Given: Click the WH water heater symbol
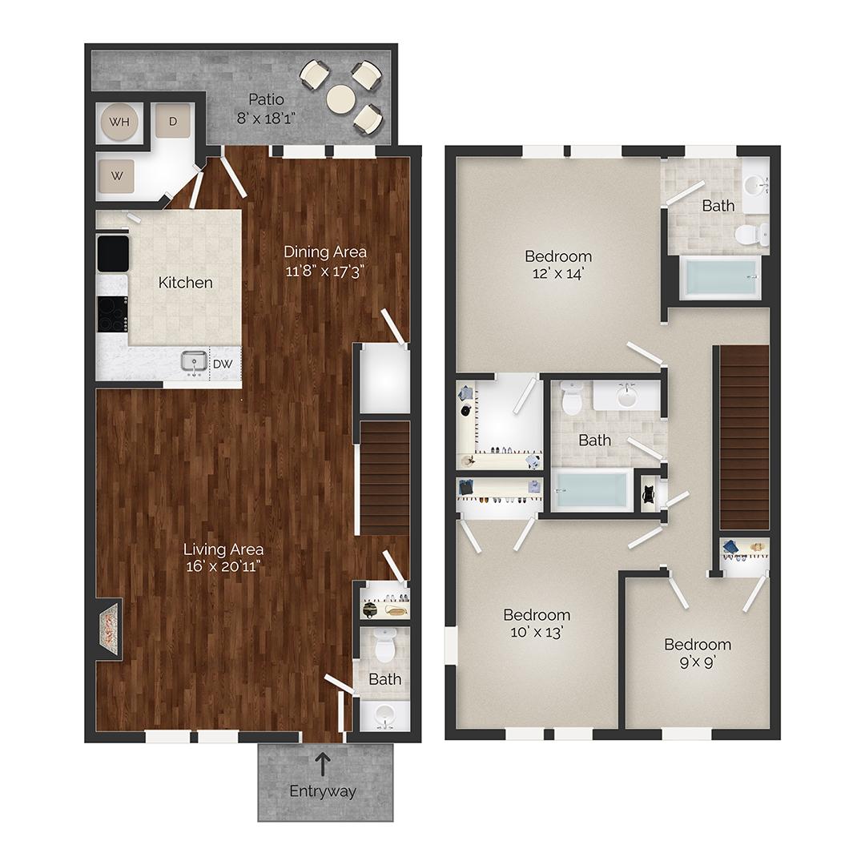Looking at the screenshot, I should coord(119,123).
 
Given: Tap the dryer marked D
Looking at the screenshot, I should coord(173,122).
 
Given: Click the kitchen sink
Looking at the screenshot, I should coord(192,364).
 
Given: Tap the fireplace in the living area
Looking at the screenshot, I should coord(109,629).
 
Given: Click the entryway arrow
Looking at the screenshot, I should coord(323,764).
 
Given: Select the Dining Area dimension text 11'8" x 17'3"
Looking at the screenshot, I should coord(325,271).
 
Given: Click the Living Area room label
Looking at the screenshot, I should coord(223,549).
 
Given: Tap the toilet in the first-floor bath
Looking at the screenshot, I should coord(385,646).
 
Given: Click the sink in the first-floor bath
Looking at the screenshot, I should coord(384,715).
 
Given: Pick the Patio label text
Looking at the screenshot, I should coord(266,99).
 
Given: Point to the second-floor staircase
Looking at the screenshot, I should coord(744,437).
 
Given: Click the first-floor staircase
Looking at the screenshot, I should coord(384,477).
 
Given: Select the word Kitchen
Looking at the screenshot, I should coord(185,282).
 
